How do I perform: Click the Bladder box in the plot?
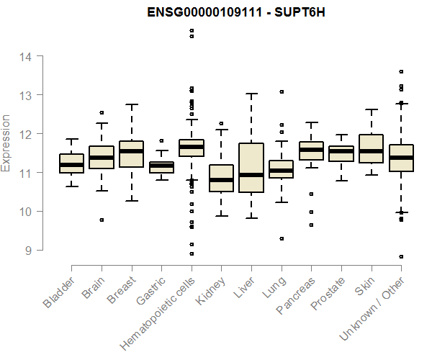pyautogui.click(x=71, y=163)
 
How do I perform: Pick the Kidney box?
pyautogui.click(x=221, y=178)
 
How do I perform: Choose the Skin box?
pyautogui.click(x=371, y=149)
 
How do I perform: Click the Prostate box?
pyautogui.click(x=341, y=153)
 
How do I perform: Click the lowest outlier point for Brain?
pyautogui.click(x=102, y=220)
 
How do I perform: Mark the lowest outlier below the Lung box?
pyautogui.click(x=282, y=238)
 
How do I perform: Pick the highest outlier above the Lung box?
pyautogui.click(x=282, y=91)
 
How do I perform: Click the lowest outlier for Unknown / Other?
pyautogui.click(x=401, y=256)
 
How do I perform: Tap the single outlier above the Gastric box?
pyautogui.click(x=161, y=141)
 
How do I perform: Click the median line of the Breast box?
pyautogui.click(x=131, y=150)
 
